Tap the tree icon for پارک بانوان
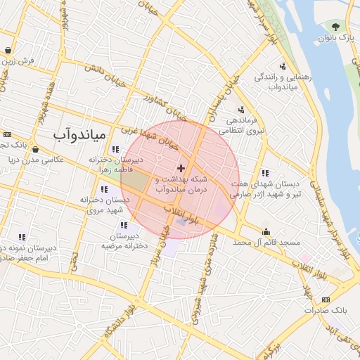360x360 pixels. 335,27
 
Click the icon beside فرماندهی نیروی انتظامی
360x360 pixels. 242,110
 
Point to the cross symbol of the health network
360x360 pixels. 181,167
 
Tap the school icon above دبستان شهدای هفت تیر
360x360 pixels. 265,173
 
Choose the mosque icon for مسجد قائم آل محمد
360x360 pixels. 266,232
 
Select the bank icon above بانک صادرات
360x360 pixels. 307,299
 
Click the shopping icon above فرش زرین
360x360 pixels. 8,51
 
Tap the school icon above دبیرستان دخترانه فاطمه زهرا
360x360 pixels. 115,149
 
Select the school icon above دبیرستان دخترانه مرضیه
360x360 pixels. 124,225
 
